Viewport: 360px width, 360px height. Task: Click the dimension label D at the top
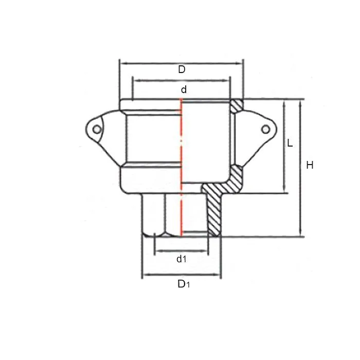click(182, 69)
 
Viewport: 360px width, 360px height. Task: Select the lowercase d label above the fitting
click(184, 89)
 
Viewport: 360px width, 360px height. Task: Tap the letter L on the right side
click(290, 143)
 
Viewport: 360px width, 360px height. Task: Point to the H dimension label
click(310, 165)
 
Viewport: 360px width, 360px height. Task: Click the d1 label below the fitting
click(181, 259)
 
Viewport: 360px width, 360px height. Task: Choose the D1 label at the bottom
click(183, 283)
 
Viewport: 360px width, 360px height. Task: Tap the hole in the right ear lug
click(265, 129)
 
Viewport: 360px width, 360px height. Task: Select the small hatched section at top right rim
click(236, 106)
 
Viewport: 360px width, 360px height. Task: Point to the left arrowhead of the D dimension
click(122, 63)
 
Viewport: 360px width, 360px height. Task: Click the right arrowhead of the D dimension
click(241, 63)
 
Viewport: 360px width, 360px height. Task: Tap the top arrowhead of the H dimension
click(300, 102)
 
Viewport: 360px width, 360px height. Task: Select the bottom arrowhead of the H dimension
click(300, 234)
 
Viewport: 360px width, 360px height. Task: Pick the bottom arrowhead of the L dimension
click(283, 191)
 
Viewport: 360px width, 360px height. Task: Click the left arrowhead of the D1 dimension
click(145, 275)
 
